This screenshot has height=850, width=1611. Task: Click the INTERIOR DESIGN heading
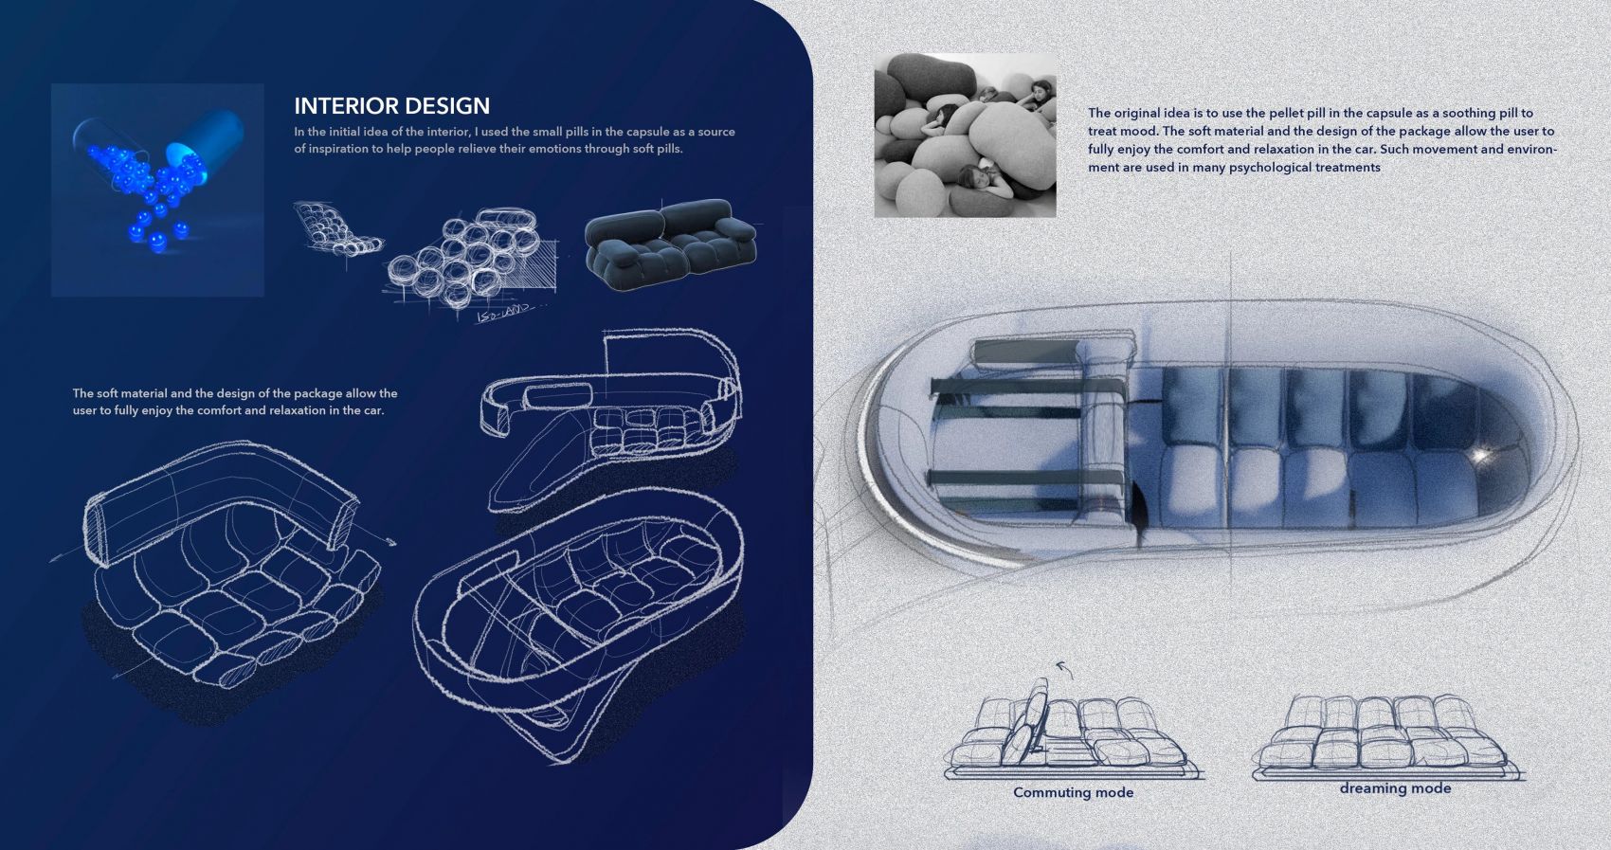point(392,106)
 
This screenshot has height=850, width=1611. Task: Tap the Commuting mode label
point(1073,792)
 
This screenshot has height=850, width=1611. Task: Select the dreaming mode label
point(1395,788)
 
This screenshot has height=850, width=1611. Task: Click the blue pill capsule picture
point(157,190)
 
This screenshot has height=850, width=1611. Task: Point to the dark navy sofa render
point(670,244)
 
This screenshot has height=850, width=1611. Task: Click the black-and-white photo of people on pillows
point(965,135)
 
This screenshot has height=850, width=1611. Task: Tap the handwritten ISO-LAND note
point(507,313)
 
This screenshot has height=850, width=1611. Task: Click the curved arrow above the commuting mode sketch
point(1063,669)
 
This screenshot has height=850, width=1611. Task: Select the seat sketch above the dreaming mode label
point(1388,737)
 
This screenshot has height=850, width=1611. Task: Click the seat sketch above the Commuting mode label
point(1072,730)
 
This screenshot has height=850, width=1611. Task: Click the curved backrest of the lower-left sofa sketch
point(216,497)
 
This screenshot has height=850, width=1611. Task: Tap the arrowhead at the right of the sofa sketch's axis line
point(390,541)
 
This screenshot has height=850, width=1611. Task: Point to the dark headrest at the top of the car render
point(1026,352)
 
